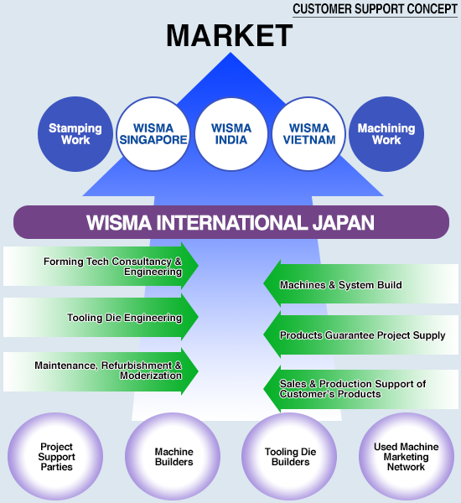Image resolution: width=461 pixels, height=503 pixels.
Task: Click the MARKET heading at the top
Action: tap(230, 35)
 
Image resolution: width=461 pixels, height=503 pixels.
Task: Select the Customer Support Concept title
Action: tap(375, 9)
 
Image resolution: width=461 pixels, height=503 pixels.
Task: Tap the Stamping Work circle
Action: tap(75, 134)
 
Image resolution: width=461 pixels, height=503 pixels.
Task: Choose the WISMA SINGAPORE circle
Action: tap(153, 134)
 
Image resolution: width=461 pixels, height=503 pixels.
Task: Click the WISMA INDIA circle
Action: tap(231, 134)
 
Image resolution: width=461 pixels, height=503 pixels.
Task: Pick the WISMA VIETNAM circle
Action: tap(309, 134)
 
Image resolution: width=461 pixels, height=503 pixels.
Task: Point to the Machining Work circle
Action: tap(386, 134)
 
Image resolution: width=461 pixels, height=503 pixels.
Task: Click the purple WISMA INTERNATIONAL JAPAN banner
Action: tap(231, 222)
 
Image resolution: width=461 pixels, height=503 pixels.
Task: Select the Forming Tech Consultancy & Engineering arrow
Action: tap(101, 266)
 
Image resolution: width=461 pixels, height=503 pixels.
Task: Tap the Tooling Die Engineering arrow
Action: tap(101, 317)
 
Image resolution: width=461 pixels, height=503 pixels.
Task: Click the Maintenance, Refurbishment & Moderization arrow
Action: tap(101, 371)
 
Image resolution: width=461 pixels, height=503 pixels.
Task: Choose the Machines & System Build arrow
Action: tap(361, 283)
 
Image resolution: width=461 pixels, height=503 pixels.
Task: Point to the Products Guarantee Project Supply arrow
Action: tap(361, 334)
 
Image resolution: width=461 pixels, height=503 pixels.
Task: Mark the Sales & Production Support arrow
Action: tap(361, 389)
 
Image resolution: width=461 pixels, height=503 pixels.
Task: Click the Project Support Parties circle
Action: tap(55, 457)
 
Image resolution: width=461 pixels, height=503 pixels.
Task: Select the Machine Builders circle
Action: tap(173, 457)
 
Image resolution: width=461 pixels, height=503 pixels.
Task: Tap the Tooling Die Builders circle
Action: tap(289, 457)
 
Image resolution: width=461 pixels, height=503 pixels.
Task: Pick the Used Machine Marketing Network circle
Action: tap(407, 457)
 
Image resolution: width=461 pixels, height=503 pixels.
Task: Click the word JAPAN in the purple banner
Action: tap(344, 223)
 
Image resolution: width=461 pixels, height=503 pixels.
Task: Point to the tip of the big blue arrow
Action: tap(230, 53)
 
